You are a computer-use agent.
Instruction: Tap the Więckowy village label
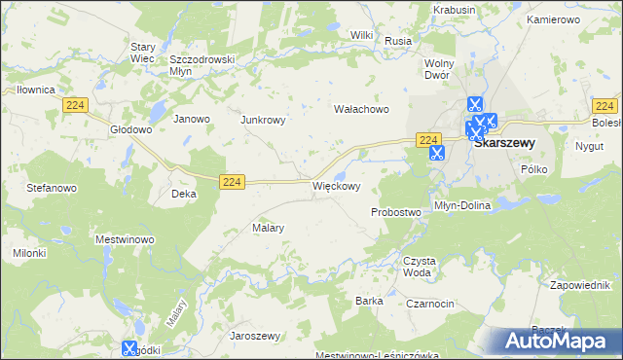pos(337,185)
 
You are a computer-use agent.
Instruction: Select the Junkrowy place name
pos(262,120)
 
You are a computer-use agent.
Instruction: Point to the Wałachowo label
pos(361,109)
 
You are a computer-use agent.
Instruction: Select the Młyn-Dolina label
pos(463,206)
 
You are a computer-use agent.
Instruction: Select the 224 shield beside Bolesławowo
pos(605,106)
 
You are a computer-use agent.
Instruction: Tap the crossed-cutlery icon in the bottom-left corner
pos(129,347)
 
